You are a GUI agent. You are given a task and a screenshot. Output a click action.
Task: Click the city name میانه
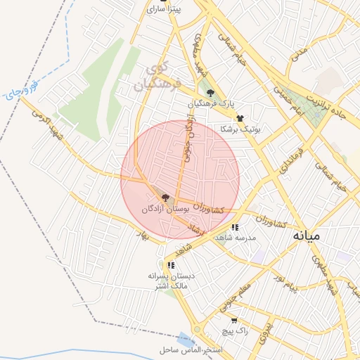(307, 236)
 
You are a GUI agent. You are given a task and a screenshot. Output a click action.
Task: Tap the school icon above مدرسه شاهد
(235, 227)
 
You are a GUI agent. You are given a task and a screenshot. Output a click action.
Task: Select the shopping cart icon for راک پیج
(234, 321)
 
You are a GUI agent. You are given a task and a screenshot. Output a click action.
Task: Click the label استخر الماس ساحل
(191, 349)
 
